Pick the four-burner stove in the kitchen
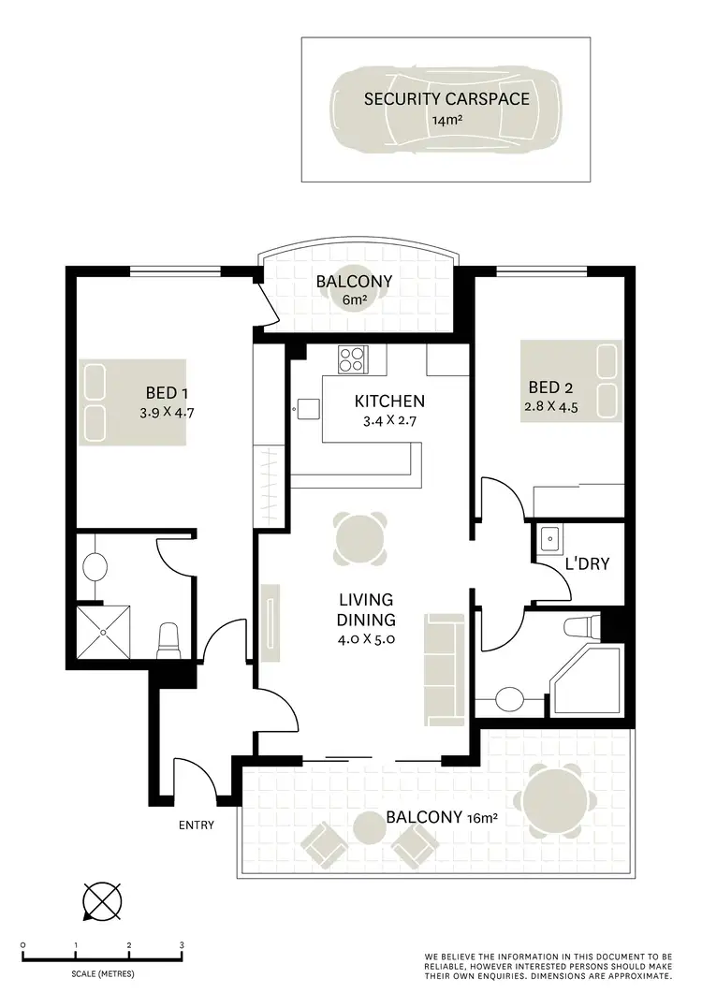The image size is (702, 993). tap(354, 358)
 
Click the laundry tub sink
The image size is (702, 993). tap(549, 537)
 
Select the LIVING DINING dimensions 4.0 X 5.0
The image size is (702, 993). tap(366, 639)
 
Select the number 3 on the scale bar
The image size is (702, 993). tap(182, 945)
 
